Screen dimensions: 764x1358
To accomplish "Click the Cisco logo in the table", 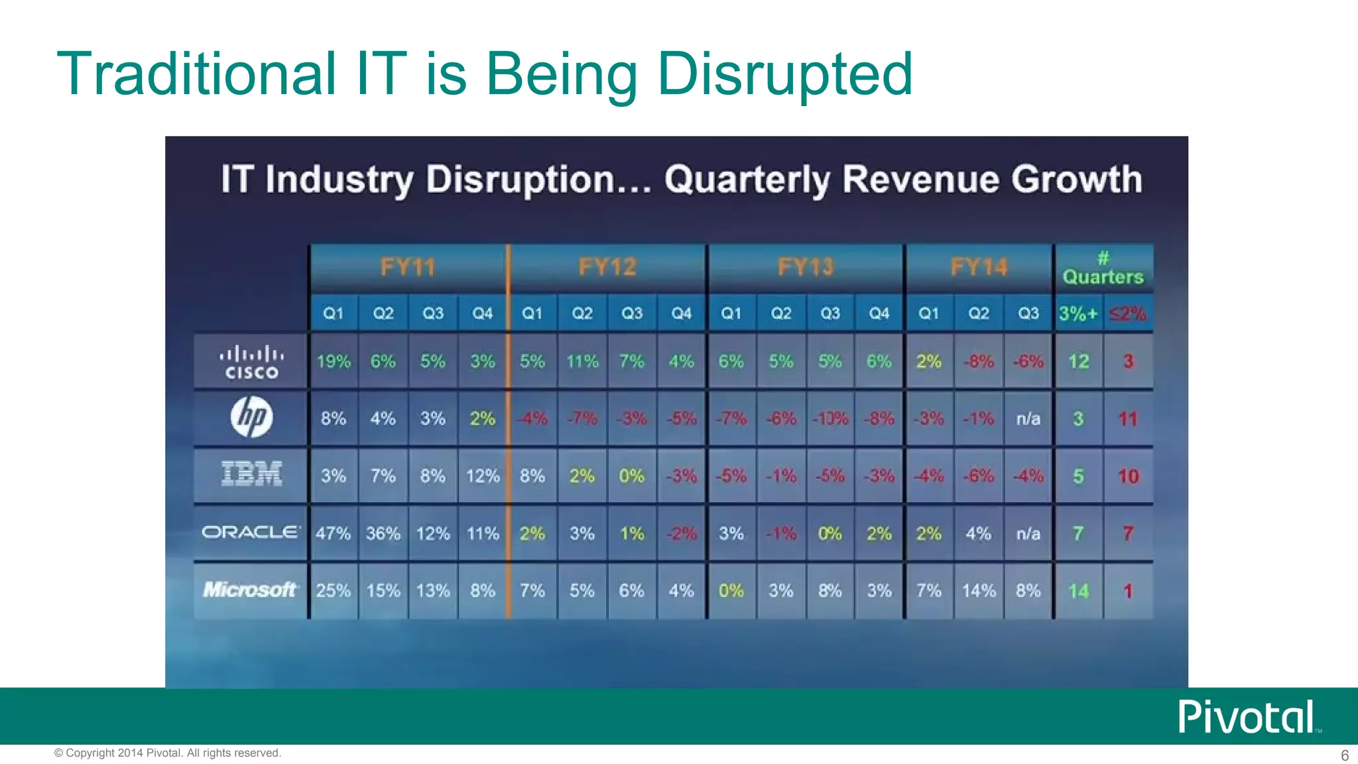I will pos(251,362).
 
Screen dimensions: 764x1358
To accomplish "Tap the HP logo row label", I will pos(251,418).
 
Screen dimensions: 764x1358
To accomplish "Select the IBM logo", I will pos(251,475).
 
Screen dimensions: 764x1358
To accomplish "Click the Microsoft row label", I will pos(249,590).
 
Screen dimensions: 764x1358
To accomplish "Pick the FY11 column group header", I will pos(408,267).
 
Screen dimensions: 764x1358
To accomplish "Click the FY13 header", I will pos(805,267).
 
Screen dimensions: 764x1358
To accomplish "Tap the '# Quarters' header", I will pos(1103,269).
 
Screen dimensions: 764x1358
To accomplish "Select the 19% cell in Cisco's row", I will pos(333,361).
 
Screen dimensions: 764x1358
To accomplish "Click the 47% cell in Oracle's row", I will pos(333,533).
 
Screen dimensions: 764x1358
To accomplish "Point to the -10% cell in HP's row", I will pos(830,418).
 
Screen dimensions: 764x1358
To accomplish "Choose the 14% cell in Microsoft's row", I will pos(979,590).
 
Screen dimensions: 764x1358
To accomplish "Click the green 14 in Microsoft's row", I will pos(1078,590).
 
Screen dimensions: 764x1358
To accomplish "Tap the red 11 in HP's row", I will pos(1128,418).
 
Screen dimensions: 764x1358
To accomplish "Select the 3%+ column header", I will pos(1078,313).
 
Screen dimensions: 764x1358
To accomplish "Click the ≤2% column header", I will pos(1128,313).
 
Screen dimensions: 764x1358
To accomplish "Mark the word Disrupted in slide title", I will pos(784,74).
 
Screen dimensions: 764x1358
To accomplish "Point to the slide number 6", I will pos(1345,755).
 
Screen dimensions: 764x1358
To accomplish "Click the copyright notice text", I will pos(167,753).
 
